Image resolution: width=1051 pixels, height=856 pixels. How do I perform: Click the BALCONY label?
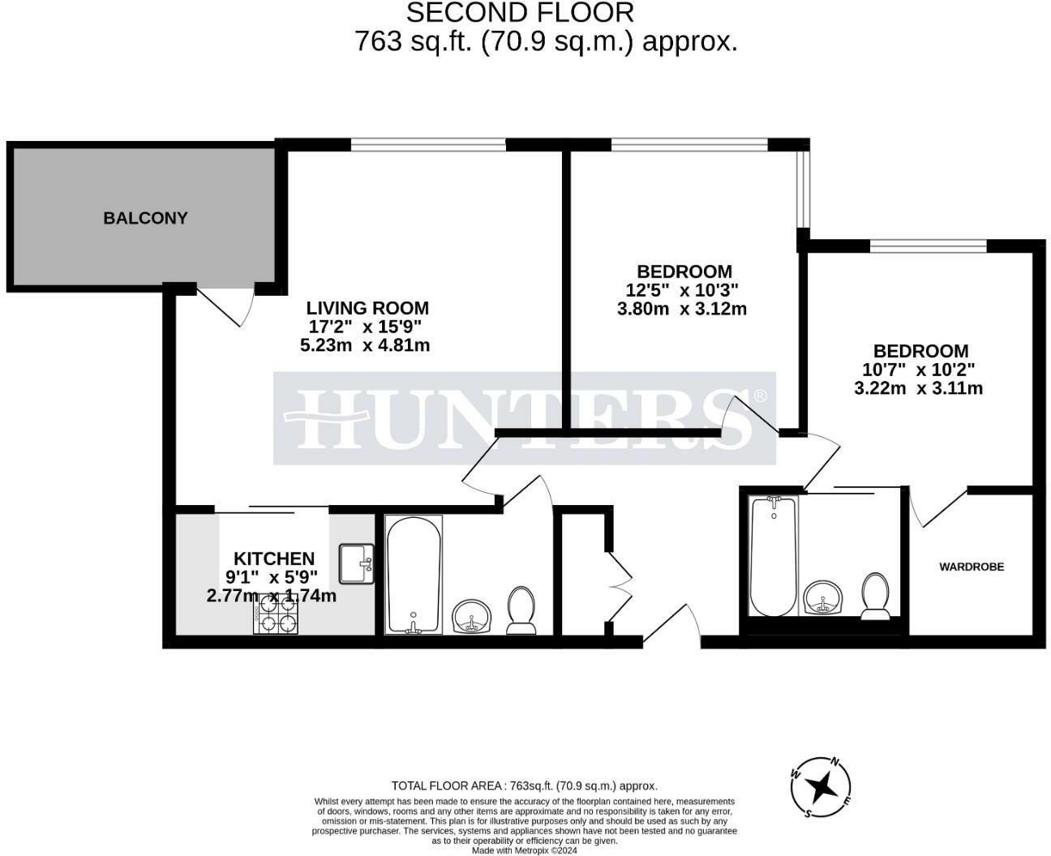click(145, 218)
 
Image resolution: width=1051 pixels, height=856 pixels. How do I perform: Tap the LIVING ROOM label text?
click(367, 308)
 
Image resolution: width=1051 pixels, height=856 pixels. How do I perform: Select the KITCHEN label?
click(274, 559)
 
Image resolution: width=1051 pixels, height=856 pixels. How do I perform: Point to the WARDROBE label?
click(972, 567)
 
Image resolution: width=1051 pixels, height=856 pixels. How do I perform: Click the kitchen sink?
click(356, 563)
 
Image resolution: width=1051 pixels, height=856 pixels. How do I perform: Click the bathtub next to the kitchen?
click(414, 575)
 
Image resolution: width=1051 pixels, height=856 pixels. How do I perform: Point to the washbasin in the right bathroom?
click(823, 597)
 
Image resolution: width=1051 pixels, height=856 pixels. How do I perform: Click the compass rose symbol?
click(822, 785)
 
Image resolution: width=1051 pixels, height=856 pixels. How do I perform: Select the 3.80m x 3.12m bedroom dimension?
click(681, 309)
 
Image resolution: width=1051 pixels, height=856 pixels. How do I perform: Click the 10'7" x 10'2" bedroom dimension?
click(918, 370)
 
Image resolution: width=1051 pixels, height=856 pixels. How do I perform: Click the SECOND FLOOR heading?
click(520, 13)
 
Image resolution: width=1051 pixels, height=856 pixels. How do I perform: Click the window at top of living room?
click(428, 145)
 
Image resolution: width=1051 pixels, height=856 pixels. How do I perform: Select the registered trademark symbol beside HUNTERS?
click(760, 396)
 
